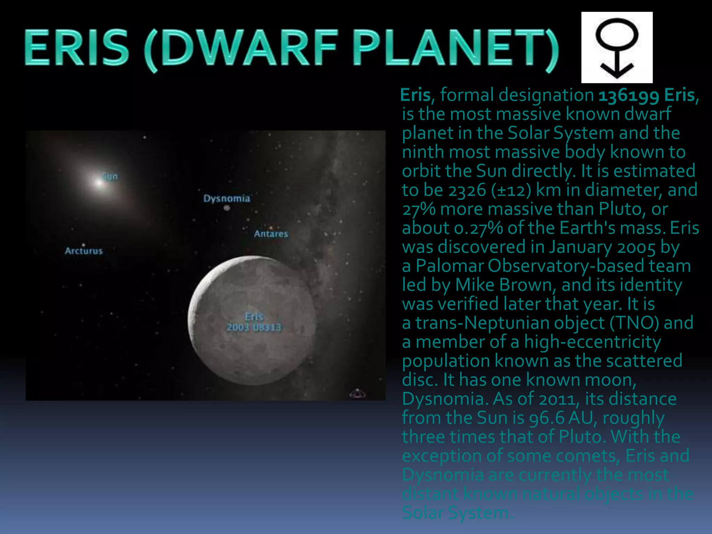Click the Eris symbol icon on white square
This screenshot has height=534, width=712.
pos(617,48)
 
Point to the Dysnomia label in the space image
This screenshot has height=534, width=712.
pos(227,199)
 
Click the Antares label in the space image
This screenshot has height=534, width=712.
pos(271,234)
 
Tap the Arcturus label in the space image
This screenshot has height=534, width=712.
pos(84,251)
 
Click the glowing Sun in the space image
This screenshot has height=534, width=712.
pos(100,182)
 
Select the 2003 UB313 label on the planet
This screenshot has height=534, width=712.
pos(254,327)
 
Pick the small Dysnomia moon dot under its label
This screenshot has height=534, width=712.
pos(227,208)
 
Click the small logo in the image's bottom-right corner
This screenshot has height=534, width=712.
pos(357,393)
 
